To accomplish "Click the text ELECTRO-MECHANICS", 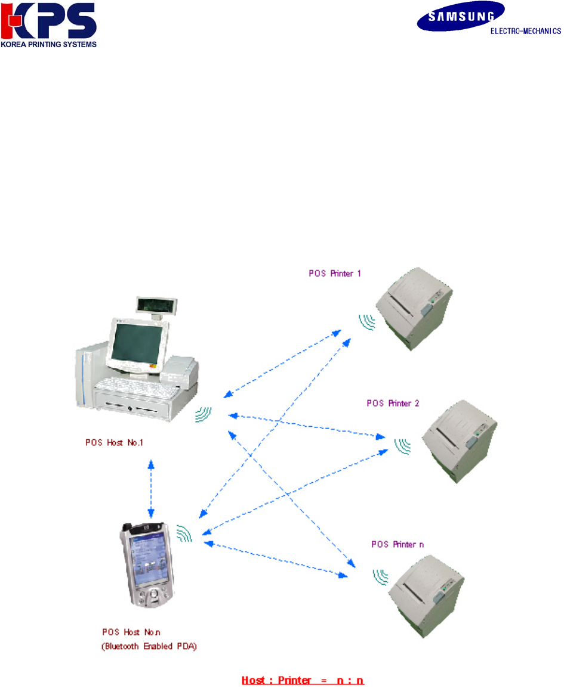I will click(525, 32).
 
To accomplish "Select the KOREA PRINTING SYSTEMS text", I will click(48, 44).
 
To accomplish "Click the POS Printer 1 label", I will click(335, 274).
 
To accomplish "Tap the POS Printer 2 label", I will click(393, 404).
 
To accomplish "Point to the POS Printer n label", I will click(397, 544).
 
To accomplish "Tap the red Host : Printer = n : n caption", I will click(303, 680).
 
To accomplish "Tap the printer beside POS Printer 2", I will click(459, 438).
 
